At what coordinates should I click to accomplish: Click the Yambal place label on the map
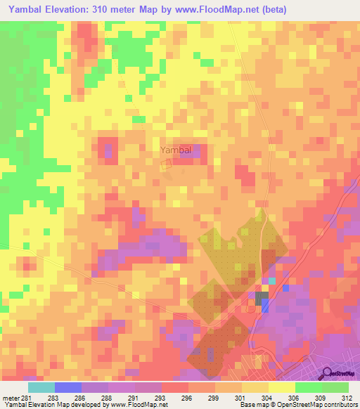point(175,150)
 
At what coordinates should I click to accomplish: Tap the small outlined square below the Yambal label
point(167,164)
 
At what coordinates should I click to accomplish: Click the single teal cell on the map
point(272,280)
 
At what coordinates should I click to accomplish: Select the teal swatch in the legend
point(41,387)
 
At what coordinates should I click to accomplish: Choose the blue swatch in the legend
point(68,387)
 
